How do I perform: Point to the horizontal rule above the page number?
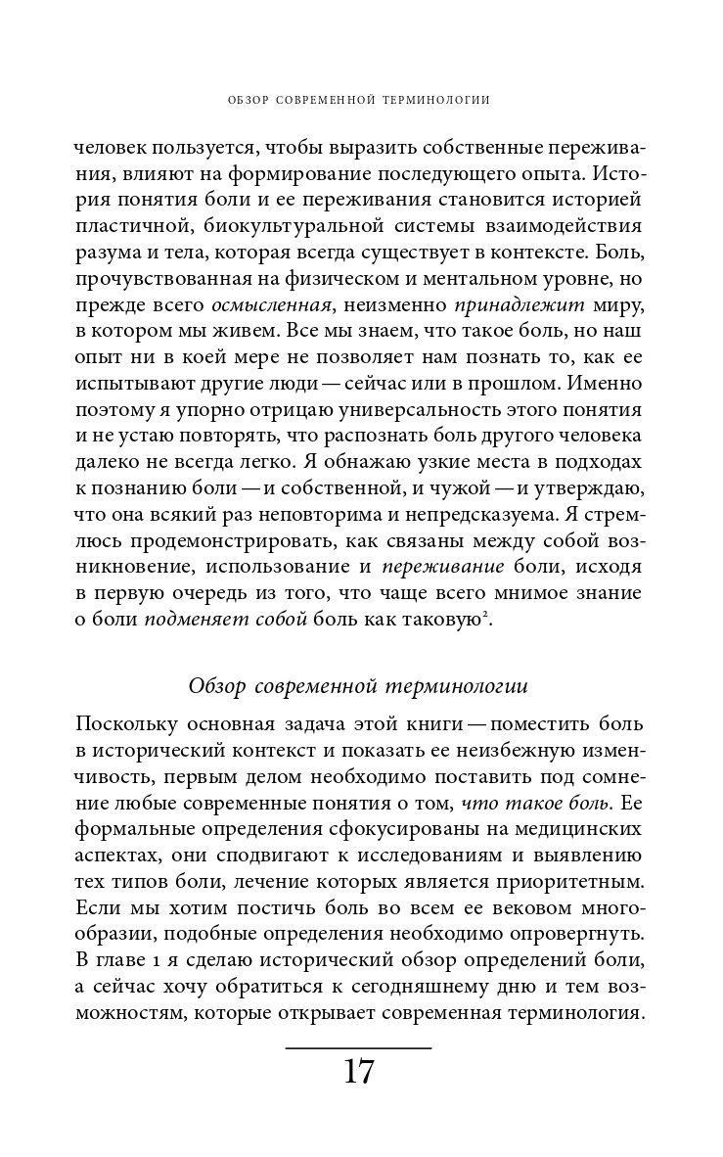click(x=359, y=1047)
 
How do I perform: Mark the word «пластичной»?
click(x=123, y=227)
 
